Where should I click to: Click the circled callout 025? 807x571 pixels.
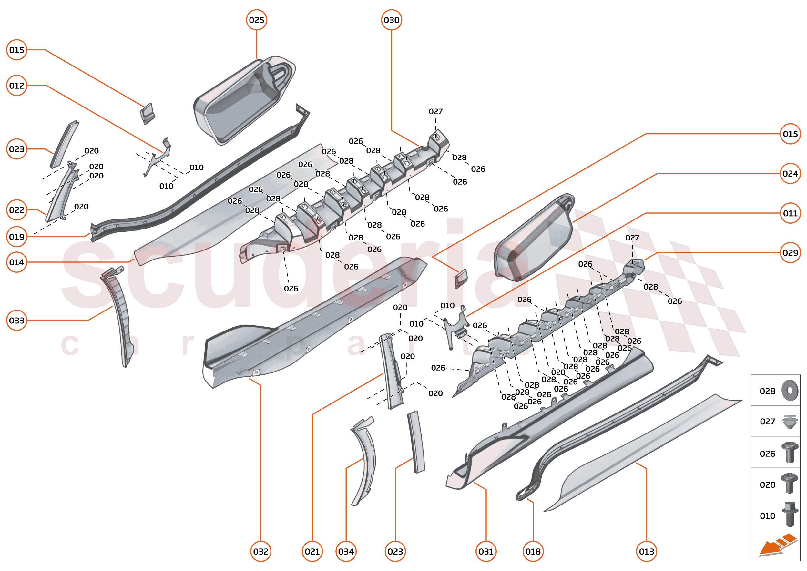(x=256, y=20)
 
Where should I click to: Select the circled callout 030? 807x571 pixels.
(x=391, y=20)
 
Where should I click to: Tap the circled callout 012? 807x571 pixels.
(x=16, y=86)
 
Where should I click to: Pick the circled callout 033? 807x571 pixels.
(x=16, y=320)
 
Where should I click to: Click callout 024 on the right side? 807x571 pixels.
(x=790, y=173)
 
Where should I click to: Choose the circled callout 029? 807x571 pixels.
(x=790, y=252)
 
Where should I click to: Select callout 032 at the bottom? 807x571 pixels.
(x=260, y=551)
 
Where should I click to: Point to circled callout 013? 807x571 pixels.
(x=646, y=551)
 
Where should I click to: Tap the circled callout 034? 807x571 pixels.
(x=346, y=551)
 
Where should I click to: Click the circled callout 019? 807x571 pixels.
(x=16, y=237)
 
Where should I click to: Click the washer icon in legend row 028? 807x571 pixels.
(x=790, y=390)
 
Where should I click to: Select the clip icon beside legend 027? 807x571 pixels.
(x=790, y=422)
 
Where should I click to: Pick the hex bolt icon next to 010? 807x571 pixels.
(x=790, y=515)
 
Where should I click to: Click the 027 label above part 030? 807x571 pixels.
(x=435, y=111)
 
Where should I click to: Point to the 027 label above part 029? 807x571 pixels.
(x=632, y=238)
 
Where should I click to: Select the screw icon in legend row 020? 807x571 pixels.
(x=790, y=484)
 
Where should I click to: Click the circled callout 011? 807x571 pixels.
(x=790, y=213)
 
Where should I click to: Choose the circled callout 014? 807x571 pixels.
(x=16, y=262)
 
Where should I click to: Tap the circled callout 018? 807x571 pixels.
(x=533, y=551)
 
